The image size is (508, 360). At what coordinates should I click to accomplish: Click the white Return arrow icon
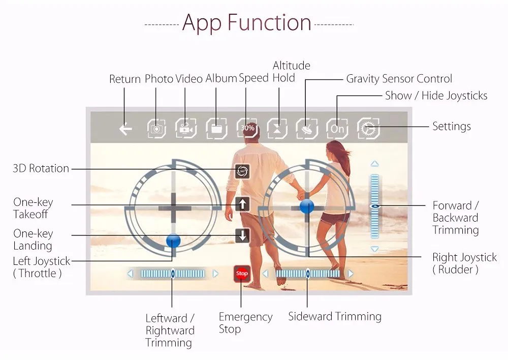point(125,129)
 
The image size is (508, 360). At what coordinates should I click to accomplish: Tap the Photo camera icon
point(157,129)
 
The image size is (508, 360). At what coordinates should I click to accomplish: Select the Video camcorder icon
point(186,129)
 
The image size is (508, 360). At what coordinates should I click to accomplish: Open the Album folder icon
point(216,129)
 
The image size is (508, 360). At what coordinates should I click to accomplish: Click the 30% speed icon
point(247,128)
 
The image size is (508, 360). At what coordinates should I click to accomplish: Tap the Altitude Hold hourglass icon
point(277,129)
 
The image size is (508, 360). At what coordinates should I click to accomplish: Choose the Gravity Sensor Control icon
point(307,129)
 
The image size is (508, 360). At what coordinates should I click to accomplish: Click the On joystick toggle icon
point(337,129)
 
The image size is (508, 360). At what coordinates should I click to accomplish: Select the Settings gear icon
point(368,129)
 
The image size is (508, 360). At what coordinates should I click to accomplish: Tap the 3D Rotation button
point(242,171)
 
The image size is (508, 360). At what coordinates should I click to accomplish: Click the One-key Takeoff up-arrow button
point(243,204)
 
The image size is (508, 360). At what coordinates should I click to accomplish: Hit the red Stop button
point(241,274)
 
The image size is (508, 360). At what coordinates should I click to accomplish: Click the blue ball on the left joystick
point(173,240)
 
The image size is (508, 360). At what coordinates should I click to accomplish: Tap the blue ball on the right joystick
point(306,206)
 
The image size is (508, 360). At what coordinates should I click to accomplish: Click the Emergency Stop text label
point(245,323)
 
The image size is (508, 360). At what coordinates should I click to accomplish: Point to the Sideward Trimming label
point(334,316)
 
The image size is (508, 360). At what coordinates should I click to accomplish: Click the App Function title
point(246,23)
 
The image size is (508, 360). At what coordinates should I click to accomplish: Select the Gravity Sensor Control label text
point(399,79)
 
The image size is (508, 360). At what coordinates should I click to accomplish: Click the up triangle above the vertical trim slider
point(375,164)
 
